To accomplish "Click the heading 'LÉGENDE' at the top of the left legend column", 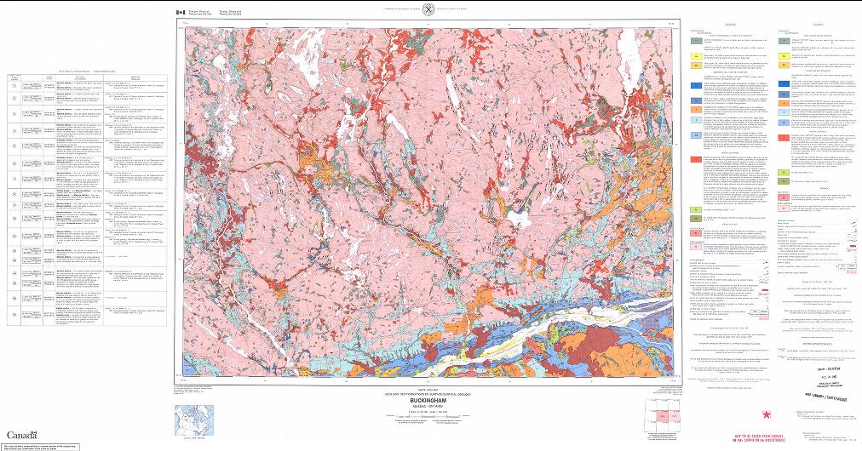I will (x=721, y=25).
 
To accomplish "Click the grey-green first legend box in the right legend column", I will (x=782, y=39).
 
